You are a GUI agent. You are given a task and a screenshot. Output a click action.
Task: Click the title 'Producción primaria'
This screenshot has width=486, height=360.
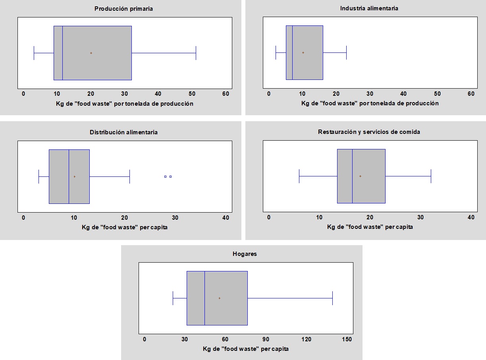point(123,9)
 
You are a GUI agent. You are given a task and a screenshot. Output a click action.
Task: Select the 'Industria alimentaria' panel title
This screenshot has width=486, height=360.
point(369,8)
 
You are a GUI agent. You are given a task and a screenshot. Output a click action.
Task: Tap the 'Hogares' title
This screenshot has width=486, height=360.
point(245,254)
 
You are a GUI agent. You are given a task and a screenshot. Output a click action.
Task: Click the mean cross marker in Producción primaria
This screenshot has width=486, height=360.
point(91,53)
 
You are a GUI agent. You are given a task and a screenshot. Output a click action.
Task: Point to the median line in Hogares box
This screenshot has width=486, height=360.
point(204,298)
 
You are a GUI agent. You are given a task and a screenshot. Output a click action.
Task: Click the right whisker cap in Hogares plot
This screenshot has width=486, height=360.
point(332,298)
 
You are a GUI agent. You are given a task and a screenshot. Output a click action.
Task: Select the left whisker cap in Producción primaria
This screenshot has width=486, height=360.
point(34,53)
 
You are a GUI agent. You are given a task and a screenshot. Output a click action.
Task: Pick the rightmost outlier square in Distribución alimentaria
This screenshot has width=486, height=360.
point(170,176)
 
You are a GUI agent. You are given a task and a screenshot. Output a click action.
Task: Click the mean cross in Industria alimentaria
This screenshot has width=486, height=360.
point(303,52)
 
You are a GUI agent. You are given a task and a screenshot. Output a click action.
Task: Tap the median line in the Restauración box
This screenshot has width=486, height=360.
point(352,176)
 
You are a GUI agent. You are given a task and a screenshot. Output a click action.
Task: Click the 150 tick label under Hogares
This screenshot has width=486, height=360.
point(347,339)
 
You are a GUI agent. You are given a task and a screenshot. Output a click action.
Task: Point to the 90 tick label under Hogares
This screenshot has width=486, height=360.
point(266,339)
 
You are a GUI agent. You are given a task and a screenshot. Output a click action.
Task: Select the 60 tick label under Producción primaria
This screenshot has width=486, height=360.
point(226,94)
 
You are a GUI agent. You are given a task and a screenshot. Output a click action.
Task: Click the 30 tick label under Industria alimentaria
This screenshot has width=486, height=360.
point(370,94)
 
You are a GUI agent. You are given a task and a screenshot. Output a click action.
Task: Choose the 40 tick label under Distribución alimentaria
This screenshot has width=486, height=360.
point(226,217)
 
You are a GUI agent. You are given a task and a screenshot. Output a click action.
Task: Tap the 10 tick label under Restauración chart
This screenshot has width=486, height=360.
point(319,217)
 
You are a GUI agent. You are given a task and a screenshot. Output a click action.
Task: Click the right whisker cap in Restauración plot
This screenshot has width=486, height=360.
point(431,176)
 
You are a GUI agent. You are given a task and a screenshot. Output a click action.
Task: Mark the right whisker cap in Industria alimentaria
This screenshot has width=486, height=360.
point(346,52)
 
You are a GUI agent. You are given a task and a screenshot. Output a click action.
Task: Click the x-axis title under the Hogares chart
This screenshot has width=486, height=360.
point(246,349)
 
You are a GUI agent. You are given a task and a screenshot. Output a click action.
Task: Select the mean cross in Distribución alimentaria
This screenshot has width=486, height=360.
point(74,176)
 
